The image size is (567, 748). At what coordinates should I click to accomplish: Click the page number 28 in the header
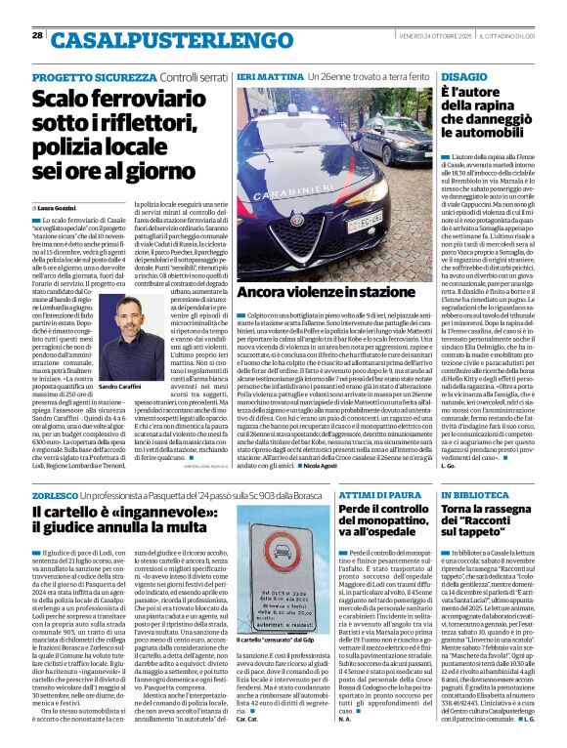coord(37,37)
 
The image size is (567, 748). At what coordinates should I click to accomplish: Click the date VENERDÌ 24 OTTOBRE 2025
coord(409,37)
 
